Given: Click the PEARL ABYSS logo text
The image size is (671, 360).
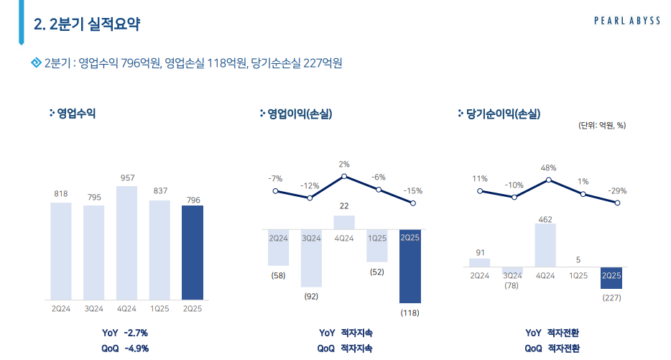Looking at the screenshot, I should pyautogui.click(x=626, y=21).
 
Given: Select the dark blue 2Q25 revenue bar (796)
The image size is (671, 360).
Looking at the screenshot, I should pyautogui.click(x=193, y=252).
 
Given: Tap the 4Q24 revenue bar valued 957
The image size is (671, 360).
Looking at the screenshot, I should pyautogui.click(x=126, y=243).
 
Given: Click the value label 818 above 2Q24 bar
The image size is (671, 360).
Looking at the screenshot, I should pyautogui.click(x=61, y=193).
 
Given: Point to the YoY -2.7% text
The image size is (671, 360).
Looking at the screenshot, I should pyautogui.click(x=126, y=333).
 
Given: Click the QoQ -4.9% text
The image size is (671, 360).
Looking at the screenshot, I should pyautogui.click(x=126, y=349).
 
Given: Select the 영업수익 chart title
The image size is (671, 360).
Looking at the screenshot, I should pyautogui.click(x=76, y=113).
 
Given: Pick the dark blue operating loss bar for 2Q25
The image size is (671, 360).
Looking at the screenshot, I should pyautogui.click(x=410, y=266).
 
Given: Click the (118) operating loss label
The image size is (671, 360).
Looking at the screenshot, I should pyautogui.click(x=409, y=313).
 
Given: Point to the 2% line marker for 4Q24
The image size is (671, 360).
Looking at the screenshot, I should pyautogui.click(x=344, y=176).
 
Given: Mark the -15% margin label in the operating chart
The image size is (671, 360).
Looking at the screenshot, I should pyautogui.click(x=412, y=191).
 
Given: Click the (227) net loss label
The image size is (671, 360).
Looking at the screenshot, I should pyautogui.click(x=611, y=298).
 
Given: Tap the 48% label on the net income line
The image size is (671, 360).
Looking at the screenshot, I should pyautogui.click(x=549, y=167).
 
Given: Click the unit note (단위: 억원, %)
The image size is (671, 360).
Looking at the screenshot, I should pyautogui.click(x=602, y=125).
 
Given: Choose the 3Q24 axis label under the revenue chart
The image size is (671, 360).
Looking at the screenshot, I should pyautogui.click(x=94, y=308).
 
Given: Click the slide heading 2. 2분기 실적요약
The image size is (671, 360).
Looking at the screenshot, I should pyautogui.click(x=87, y=24).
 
